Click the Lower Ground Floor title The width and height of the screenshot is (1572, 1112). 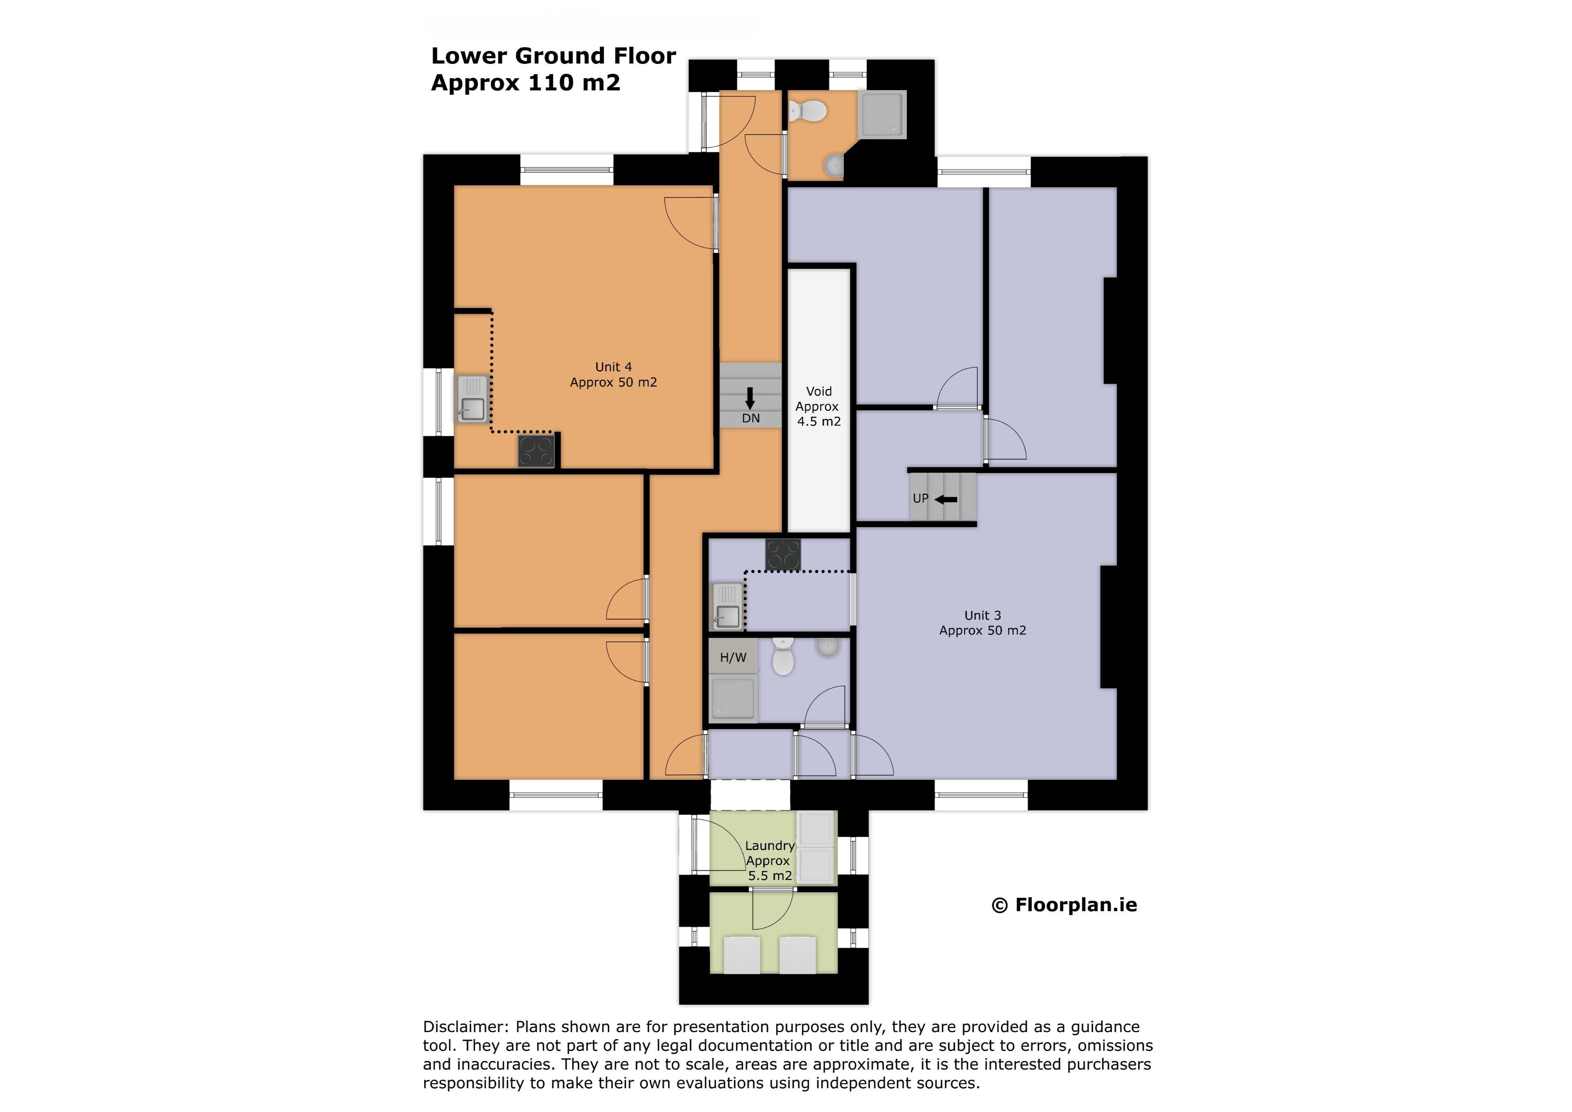553,55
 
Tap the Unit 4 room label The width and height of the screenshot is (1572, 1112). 614,375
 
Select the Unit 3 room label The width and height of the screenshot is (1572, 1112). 982,623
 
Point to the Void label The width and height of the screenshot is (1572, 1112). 819,391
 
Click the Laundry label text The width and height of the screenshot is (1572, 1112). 770,845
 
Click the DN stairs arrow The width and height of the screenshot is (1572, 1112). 750,398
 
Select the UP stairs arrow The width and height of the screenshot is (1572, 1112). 946,499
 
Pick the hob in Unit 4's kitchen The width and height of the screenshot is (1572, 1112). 536,451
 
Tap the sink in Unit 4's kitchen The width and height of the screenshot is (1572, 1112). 472,399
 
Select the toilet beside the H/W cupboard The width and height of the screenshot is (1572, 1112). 783,657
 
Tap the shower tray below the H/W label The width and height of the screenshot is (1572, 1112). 733,698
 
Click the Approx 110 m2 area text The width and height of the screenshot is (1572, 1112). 525,82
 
